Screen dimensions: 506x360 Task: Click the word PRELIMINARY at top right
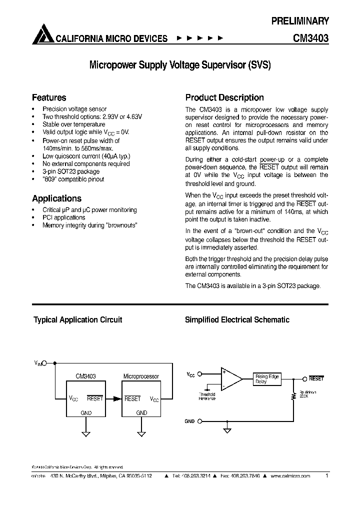300,21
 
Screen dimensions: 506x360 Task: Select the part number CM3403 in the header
310,38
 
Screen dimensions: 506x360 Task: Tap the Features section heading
49,97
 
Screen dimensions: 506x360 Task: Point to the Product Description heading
224,97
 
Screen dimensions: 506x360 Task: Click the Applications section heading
56,198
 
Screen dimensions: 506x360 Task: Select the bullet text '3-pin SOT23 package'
70,171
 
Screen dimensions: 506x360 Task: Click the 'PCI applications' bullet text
63,217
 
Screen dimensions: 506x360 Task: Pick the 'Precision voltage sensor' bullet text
74,108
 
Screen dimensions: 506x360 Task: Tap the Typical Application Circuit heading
77,320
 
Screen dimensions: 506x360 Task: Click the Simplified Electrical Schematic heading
237,320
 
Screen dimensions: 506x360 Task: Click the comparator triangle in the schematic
230,378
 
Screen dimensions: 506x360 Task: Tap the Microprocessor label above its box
141,376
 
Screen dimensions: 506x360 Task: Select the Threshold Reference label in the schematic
207,396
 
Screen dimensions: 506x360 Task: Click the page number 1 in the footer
326,476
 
